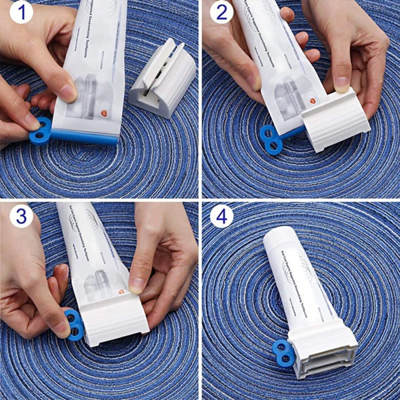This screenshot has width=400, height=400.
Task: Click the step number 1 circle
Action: tap(20, 13)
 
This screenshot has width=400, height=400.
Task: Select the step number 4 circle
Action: tap(222, 216)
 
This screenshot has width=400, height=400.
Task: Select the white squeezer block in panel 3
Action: tap(115, 322)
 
